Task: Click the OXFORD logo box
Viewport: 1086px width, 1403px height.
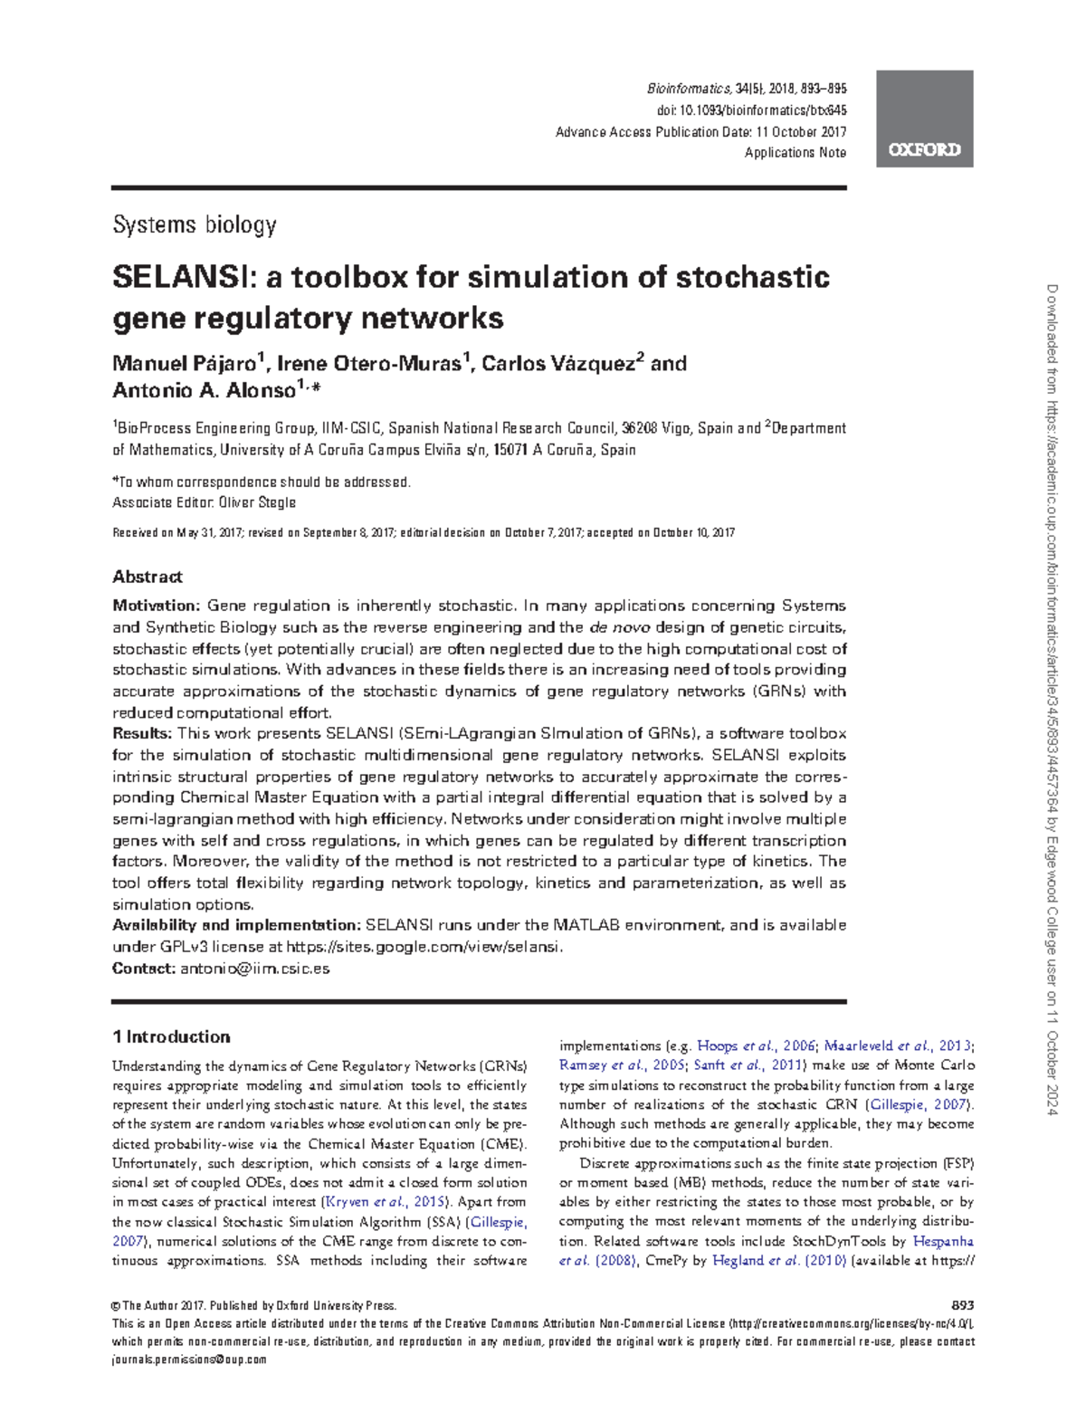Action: (924, 119)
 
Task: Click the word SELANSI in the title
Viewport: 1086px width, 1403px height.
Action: (181, 277)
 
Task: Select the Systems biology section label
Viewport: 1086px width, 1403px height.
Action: (194, 224)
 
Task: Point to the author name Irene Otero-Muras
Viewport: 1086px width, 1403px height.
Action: (369, 364)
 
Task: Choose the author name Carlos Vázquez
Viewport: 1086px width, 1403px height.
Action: (558, 364)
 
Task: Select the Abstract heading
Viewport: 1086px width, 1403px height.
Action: (147, 577)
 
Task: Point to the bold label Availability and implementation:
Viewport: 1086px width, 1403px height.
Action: (235, 925)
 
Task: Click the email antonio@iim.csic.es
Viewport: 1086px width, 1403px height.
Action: (254, 969)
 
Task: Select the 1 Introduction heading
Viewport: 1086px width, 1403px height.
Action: (170, 1037)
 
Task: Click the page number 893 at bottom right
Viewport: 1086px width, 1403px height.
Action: (963, 1305)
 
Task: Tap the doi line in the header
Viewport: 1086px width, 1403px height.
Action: (750, 110)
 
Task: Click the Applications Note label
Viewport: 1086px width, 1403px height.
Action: (795, 153)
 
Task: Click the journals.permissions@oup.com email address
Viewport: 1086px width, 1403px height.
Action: (189, 1360)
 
